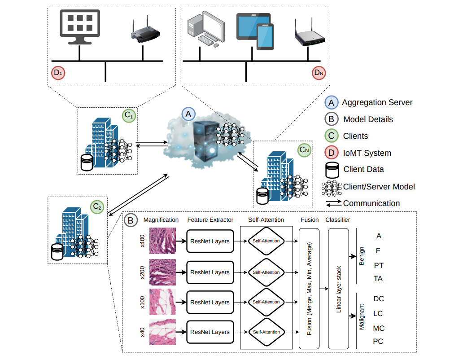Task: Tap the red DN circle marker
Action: (x=318, y=73)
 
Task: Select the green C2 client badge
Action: (x=97, y=207)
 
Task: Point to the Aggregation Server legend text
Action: (x=377, y=102)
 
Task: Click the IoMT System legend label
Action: (x=367, y=153)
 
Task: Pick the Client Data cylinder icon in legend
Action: (x=332, y=170)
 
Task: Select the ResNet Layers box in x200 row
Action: (x=210, y=272)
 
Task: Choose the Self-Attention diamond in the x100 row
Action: (x=266, y=302)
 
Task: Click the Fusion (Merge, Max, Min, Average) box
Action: (x=309, y=289)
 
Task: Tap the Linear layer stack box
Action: (x=339, y=289)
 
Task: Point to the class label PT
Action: (x=378, y=265)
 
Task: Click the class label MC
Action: (x=379, y=328)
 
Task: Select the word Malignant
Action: (x=362, y=317)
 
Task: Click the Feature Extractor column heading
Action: (x=210, y=220)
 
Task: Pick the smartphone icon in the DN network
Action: (x=265, y=36)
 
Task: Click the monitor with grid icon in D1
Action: (x=80, y=26)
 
